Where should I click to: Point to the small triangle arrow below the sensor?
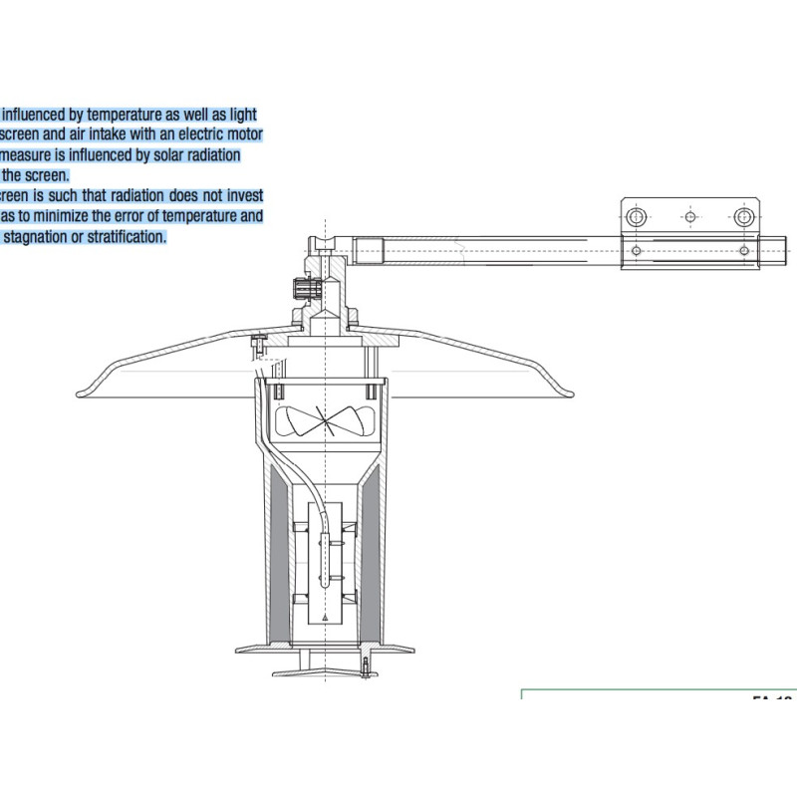[x=326, y=620]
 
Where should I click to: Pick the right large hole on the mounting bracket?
[x=743, y=215]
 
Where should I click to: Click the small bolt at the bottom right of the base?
[x=366, y=667]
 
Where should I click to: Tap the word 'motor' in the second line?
[x=243, y=134]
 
